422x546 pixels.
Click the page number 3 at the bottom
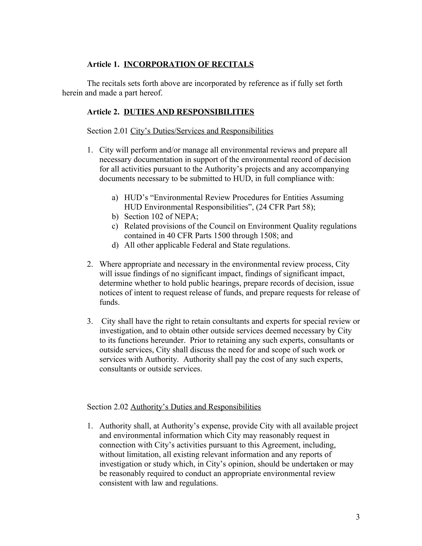pos(358,517)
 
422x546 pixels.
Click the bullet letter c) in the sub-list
pos(115,226)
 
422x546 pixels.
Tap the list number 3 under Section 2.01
pos(90,321)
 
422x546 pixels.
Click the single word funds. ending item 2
pos(109,302)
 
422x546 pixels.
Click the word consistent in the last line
pos(116,483)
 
